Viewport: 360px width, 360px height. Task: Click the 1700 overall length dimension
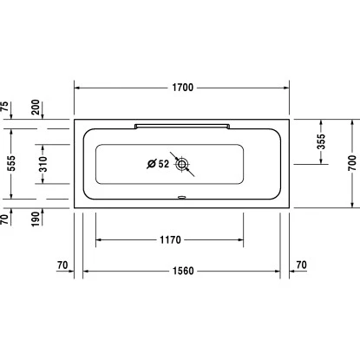[182, 87]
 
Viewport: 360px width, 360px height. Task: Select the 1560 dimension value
[182, 271]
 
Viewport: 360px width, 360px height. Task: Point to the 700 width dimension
[352, 162]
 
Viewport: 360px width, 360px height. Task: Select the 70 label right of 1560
[301, 264]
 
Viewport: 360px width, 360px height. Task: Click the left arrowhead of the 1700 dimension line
[76, 87]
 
